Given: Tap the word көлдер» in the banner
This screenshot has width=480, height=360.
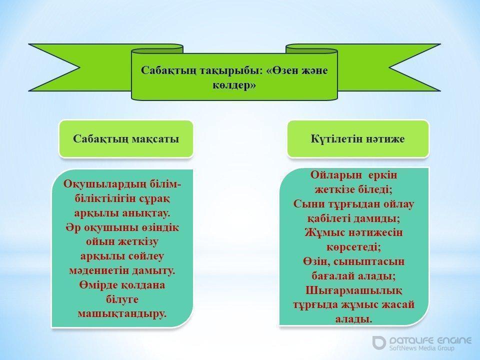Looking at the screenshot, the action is pyautogui.click(x=234, y=85).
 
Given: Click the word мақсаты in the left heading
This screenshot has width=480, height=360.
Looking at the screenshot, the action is pyautogui.click(x=155, y=139).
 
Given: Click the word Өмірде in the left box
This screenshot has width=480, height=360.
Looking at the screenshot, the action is pyautogui.click(x=98, y=285).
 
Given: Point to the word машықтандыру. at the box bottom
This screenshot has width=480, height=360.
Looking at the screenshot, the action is pyautogui.click(x=122, y=314).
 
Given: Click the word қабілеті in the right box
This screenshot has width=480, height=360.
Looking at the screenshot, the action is pyautogui.click(x=328, y=218).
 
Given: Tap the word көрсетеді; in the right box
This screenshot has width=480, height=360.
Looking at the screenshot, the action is pyautogui.click(x=353, y=246).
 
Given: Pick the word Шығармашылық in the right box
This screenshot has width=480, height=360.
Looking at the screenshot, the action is pyautogui.click(x=353, y=290).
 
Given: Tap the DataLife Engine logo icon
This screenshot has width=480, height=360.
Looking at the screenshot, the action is pyautogui.click(x=379, y=342).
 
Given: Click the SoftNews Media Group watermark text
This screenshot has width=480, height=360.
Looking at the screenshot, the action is pyautogui.click(x=422, y=348).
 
